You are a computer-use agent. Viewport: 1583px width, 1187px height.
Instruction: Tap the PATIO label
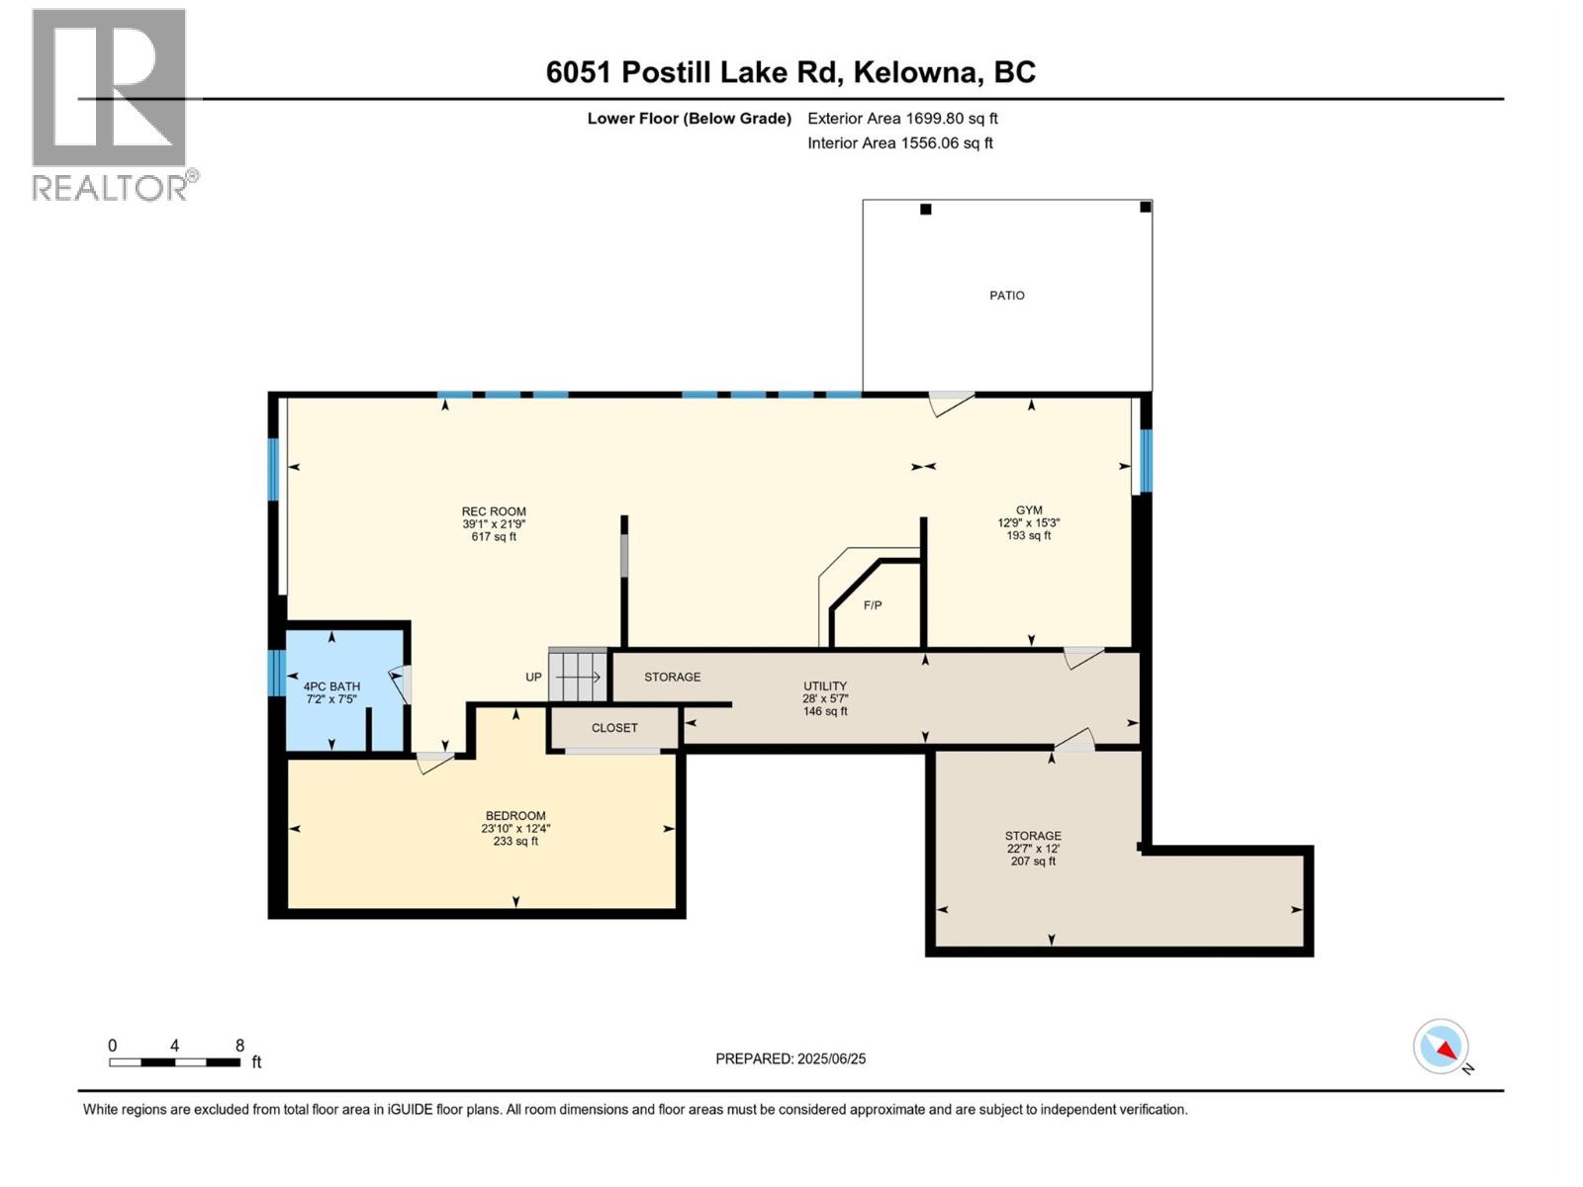point(1006,296)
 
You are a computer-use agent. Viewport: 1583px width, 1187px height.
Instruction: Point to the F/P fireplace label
point(872,605)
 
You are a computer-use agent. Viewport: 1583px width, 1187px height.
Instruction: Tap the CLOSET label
point(614,728)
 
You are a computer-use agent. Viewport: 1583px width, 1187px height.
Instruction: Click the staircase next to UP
point(578,677)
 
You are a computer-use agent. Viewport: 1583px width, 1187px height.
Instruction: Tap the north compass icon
point(1442,1047)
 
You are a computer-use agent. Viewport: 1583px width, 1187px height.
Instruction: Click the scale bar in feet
point(175,1062)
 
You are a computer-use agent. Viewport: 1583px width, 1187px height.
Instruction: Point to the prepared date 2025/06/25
point(791,1058)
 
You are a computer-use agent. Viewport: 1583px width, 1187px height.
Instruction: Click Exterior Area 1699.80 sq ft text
point(902,119)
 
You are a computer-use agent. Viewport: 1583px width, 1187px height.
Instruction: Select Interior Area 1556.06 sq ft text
point(899,143)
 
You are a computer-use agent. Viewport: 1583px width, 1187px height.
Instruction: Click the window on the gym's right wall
point(1146,460)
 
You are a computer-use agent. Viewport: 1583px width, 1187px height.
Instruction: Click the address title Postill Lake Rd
point(791,72)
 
